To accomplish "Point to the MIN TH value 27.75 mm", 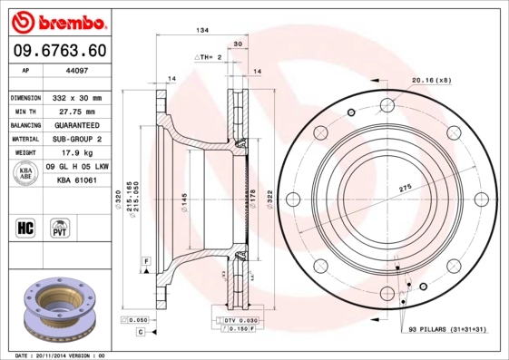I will pyautogui.click(x=77, y=111).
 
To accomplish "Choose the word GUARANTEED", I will pyautogui.click(x=80, y=125).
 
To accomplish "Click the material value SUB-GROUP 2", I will pyautogui.click(x=80, y=140).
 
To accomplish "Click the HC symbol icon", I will pyautogui.click(x=25, y=226).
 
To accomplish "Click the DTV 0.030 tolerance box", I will pyautogui.click(x=240, y=320).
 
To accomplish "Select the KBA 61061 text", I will pyautogui.click(x=77, y=180).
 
